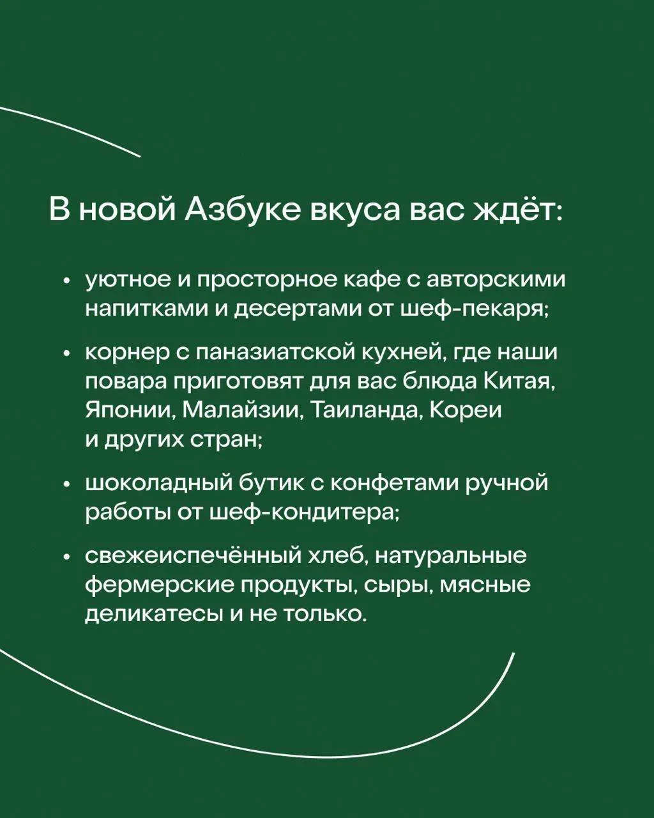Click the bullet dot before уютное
coord(67,282)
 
